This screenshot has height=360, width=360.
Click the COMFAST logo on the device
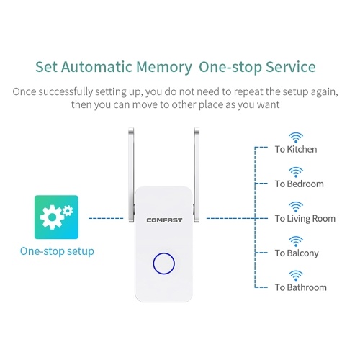(164, 220)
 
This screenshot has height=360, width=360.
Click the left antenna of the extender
(131, 175)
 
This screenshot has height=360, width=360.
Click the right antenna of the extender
(197, 175)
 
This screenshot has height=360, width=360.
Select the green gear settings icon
(56, 217)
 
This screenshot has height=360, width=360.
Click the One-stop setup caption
(57, 251)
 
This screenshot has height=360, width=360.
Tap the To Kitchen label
(296, 149)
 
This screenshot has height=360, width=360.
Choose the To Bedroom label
(300, 184)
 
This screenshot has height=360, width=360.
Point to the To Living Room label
(305, 219)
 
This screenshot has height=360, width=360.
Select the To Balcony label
(297, 253)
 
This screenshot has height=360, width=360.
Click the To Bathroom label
(301, 287)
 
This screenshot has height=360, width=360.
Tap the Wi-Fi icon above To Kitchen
(296, 138)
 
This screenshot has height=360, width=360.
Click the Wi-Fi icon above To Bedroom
(296, 172)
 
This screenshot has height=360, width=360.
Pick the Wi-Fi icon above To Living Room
(296, 207)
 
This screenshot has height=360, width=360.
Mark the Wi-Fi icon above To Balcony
(296, 241)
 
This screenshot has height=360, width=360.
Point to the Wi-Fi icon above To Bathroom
(296, 276)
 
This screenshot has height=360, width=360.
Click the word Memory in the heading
(164, 67)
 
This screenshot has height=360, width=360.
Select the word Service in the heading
(291, 67)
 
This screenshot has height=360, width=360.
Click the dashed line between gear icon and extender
(106, 218)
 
